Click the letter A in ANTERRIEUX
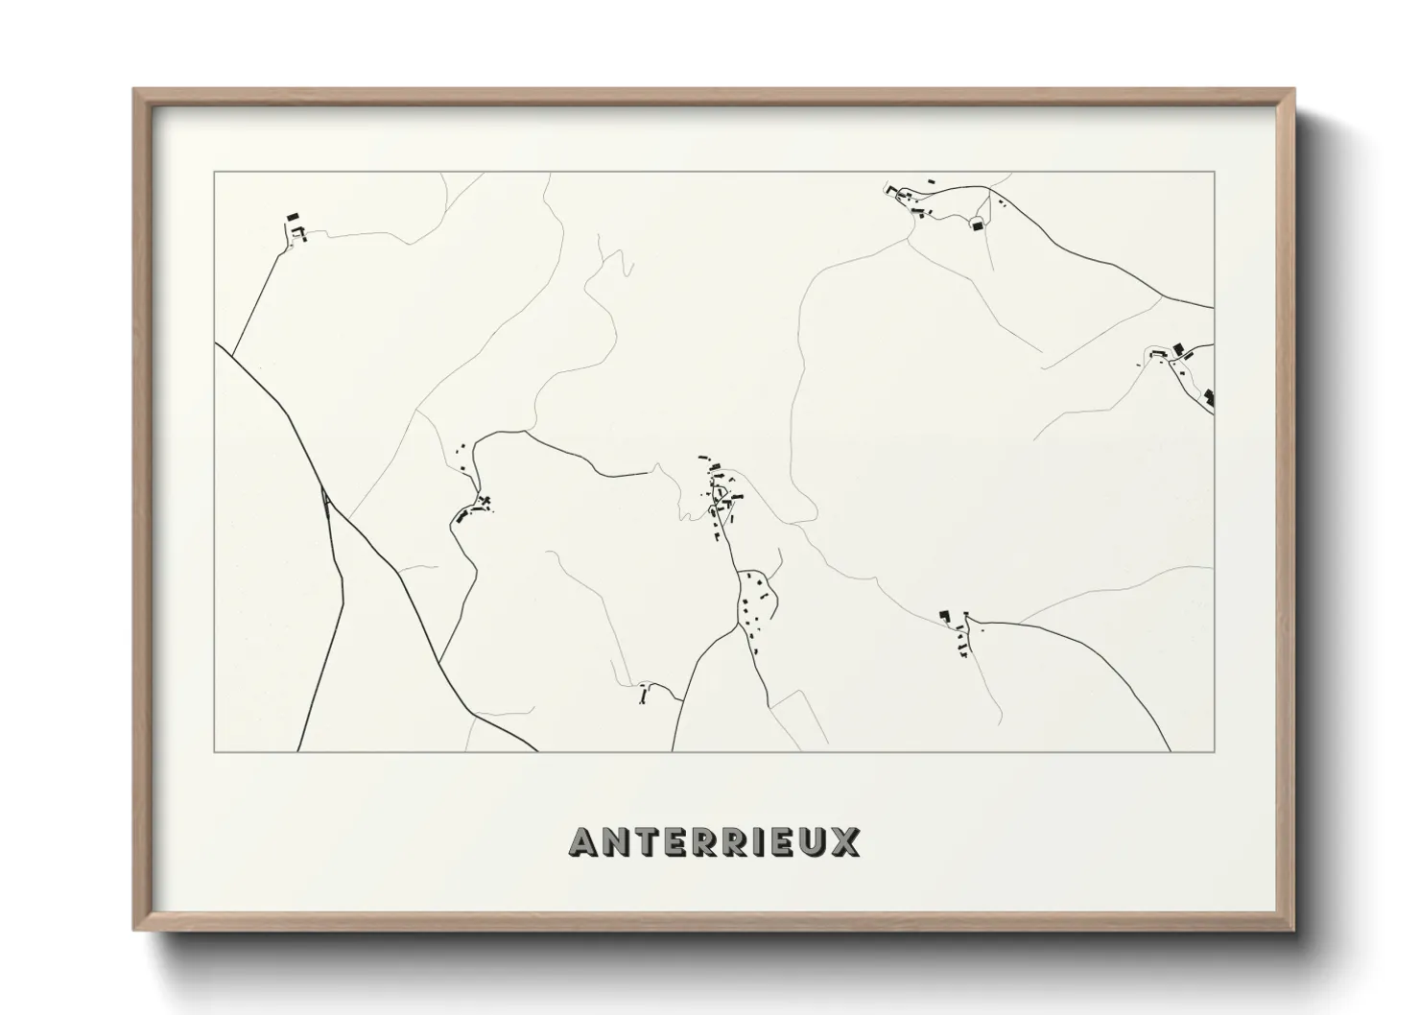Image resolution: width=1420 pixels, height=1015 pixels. tap(585, 842)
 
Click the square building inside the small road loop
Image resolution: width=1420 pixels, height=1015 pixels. tap(978, 225)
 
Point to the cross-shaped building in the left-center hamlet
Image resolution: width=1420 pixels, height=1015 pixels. tap(484, 500)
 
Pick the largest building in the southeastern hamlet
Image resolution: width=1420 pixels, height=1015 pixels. tap(944, 615)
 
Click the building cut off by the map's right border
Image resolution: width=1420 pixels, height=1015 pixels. tap(1210, 395)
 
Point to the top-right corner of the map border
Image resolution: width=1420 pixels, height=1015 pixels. tap(1214, 172)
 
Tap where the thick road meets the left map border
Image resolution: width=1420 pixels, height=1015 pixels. tap(216, 344)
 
